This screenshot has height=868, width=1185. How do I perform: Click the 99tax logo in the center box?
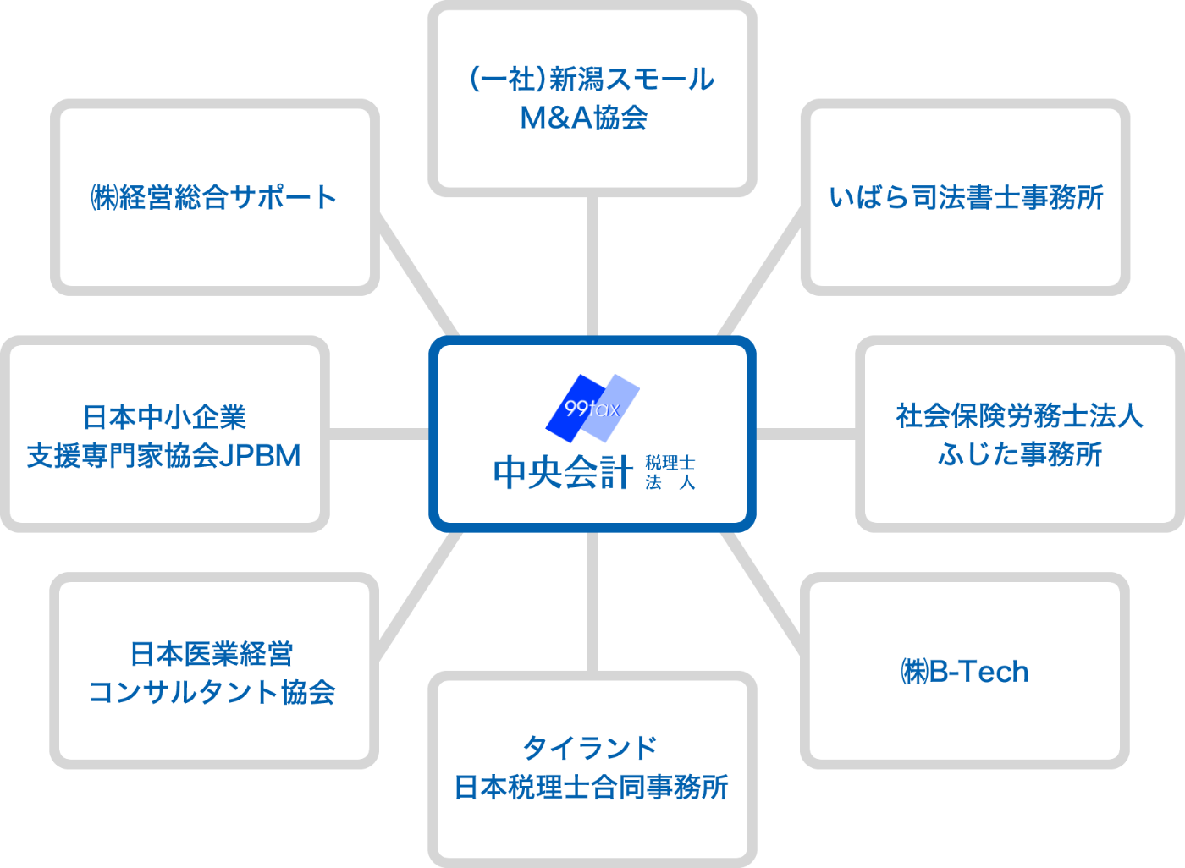[x=592, y=408]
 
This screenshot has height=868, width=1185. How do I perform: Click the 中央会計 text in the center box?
[x=563, y=472]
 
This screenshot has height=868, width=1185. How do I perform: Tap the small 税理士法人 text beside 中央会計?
[x=670, y=472]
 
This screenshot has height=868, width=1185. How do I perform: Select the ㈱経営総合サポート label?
[x=214, y=197]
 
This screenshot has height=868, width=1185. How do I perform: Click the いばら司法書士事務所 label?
[x=966, y=197]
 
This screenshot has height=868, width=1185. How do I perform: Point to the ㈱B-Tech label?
[x=965, y=672]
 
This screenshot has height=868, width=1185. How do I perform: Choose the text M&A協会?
[x=584, y=118]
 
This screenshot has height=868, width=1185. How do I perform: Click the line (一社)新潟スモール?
[x=592, y=80]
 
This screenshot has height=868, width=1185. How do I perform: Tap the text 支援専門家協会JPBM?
[x=164, y=455]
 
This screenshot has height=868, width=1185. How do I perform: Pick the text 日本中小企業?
[x=164, y=417]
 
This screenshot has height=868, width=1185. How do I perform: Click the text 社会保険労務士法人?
[x=1019, y=415]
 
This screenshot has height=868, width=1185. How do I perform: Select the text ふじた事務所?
[x=1019, y=454]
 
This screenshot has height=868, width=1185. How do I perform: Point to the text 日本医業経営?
[x=212, y=653]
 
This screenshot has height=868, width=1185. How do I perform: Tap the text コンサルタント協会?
[x=212, y=692]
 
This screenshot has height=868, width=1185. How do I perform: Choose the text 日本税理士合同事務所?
[x=591, y=787]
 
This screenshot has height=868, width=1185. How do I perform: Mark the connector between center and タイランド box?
[x=592, y=602]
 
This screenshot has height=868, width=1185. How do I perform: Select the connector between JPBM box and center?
[x=378, y=434]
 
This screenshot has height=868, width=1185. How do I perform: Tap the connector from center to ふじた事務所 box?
[x=806, y=434]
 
